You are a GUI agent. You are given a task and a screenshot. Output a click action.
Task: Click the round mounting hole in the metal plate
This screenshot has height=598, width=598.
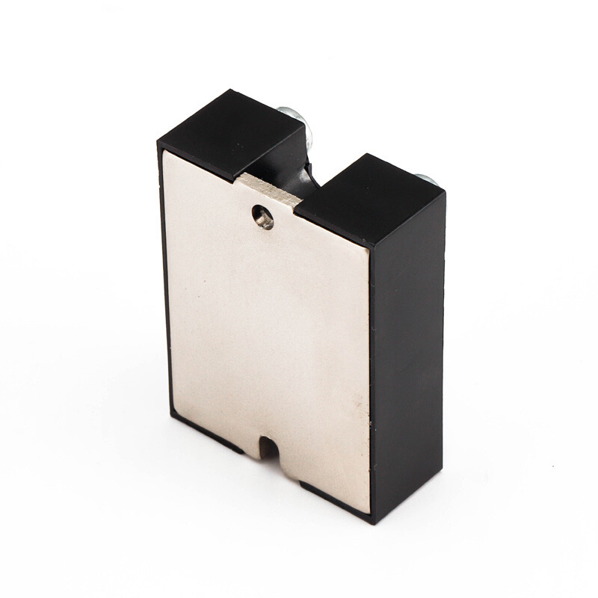coord(262,217)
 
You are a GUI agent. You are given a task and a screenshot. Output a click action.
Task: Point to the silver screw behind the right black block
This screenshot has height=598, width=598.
coord(423,179)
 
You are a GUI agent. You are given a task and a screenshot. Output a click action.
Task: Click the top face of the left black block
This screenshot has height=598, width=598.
coord(232,131)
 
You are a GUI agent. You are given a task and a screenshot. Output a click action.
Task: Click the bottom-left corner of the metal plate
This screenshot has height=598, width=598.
coord(173,415)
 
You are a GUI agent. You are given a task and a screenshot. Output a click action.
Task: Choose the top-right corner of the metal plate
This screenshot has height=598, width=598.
coord(368,247)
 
